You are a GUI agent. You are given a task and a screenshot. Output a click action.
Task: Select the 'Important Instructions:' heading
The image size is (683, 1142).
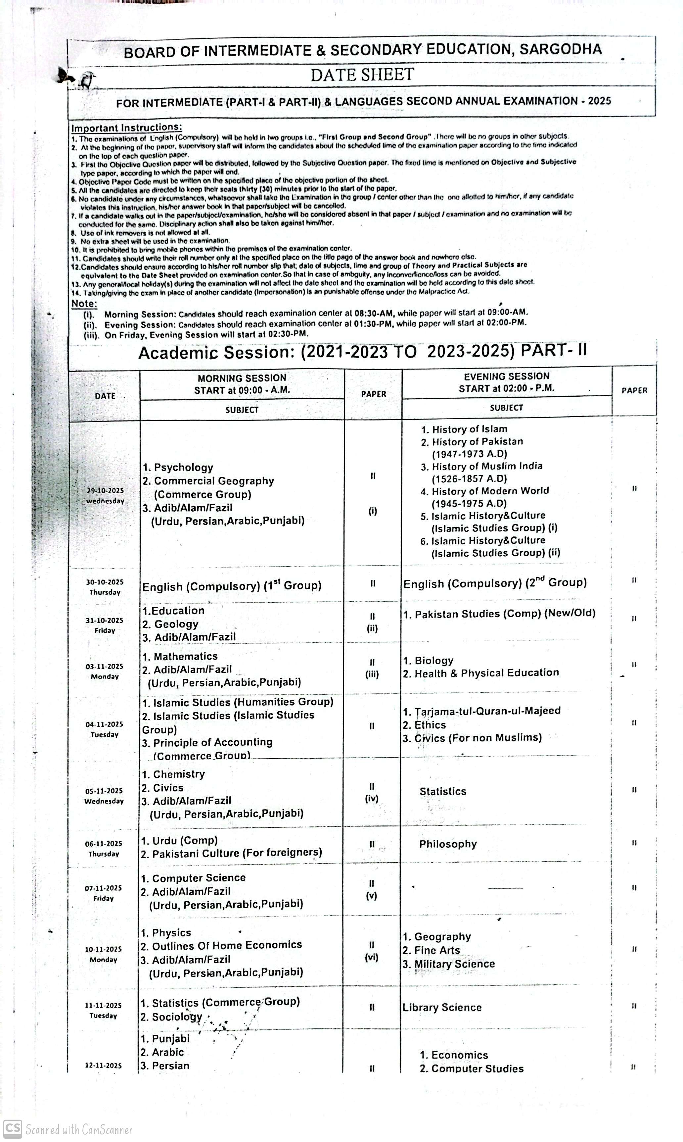click(126, 127)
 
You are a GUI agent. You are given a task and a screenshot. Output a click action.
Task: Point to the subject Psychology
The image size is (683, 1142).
click(183, 468)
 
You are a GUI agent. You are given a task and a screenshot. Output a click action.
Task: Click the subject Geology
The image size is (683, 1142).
click(176, 624)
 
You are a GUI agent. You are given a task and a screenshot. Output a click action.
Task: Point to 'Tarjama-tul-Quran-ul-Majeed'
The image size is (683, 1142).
click(487, 711)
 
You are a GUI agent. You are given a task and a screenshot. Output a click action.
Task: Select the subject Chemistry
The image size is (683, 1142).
click(179, 774)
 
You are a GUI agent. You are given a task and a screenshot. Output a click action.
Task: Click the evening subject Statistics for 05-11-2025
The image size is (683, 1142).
click(443, 791)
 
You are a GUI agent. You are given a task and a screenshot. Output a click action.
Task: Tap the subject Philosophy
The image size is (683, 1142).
click(448, 844)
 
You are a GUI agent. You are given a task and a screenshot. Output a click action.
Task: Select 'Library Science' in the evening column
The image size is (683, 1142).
click(442, 1007)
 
